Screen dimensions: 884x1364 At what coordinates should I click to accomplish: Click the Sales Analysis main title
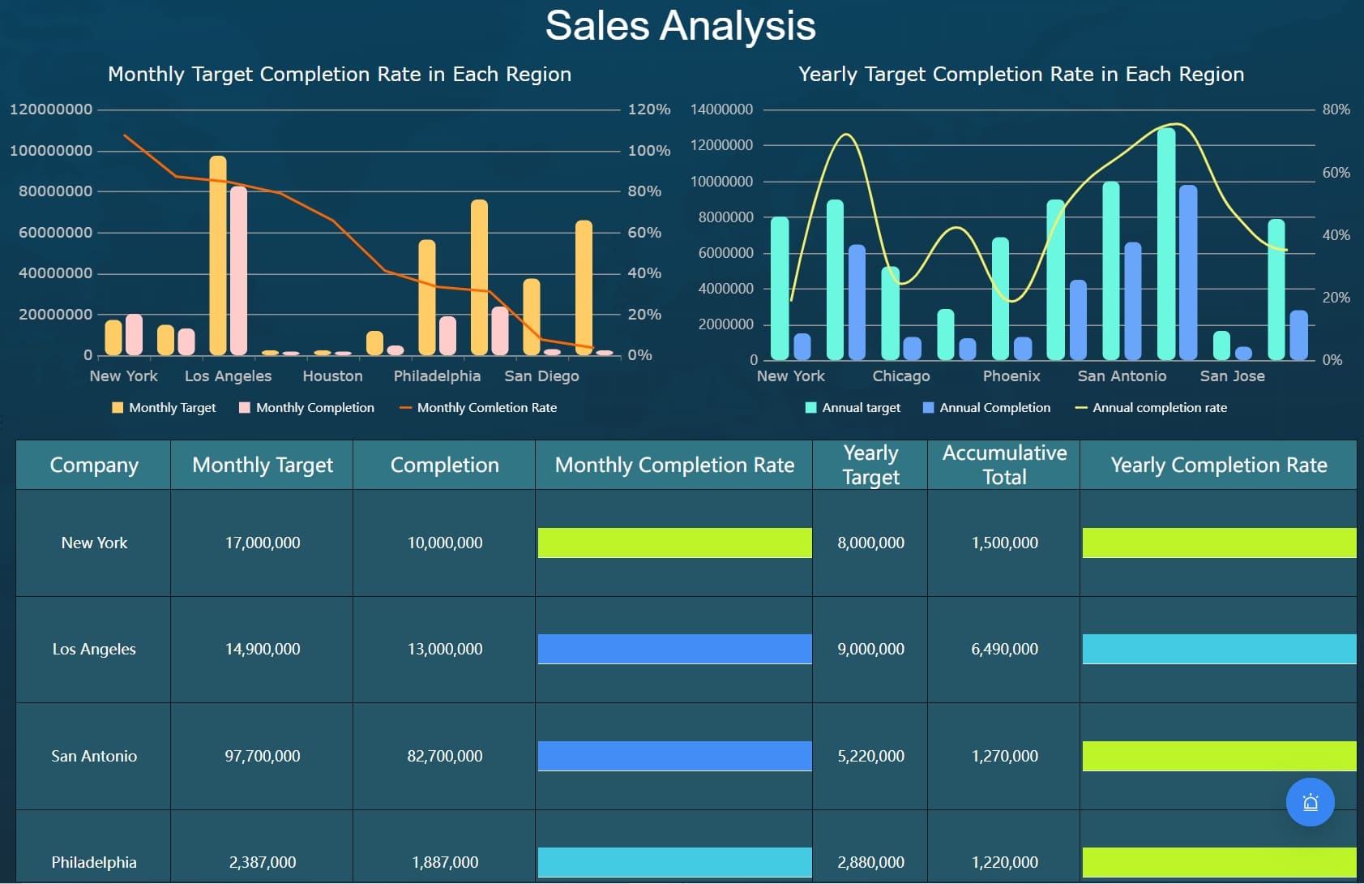[x=680, y=26]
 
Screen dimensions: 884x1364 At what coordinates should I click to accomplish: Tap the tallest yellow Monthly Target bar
[x=218, y=255]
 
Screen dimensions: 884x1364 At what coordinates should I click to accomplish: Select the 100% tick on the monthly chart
[x=648, y=151]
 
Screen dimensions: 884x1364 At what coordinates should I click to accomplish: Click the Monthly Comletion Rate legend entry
[x=485, y=408]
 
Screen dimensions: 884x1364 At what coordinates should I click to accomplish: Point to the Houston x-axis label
[x=332, y=376]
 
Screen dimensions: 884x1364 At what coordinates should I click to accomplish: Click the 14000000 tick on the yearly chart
[x=721, y=109]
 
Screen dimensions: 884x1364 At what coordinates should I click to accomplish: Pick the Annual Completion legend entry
[x=994, y=408]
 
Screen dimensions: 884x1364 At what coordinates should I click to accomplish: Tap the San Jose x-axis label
[x=1232, y=376]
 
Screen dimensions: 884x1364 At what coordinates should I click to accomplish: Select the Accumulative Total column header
[x=1003, y=465]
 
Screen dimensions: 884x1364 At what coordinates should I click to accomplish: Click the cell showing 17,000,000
[x=263, y=543]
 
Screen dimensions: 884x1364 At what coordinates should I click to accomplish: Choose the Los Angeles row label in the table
[x=94, y=650]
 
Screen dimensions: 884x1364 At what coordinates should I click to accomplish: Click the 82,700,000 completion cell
[x=444, y=756]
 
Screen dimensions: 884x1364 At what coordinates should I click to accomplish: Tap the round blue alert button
[x=1310, y=802]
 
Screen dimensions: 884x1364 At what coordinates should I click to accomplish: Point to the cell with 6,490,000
[x=1003, y=650]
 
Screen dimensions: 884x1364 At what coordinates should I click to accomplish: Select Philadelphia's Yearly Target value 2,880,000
[x=870, y=862]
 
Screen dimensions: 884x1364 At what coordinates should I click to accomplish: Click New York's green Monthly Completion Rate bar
[x=674, y=543]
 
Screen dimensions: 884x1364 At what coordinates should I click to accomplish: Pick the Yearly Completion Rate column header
[x=1218, y=465]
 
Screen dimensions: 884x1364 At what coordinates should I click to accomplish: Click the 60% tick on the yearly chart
[x=1336, y=173]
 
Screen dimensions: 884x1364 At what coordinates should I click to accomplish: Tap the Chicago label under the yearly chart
[x=900, y=376]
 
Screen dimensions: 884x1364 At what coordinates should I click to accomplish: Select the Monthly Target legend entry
[x=171, y=408]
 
